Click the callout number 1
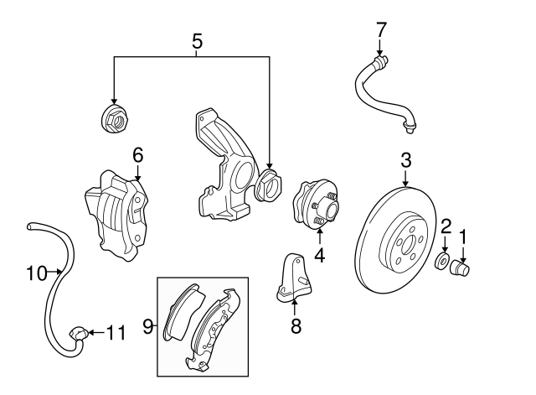tap(464, 237)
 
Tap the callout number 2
tap(446, 226)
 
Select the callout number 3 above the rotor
tap(405, 158)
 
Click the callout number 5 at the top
tap(197, 39)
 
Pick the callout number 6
tap(138, 154)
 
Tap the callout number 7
tap(382, 29)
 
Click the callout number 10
tap(35, 272)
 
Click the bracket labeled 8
tap(294, 278)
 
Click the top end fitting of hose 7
tap(381, 60)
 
